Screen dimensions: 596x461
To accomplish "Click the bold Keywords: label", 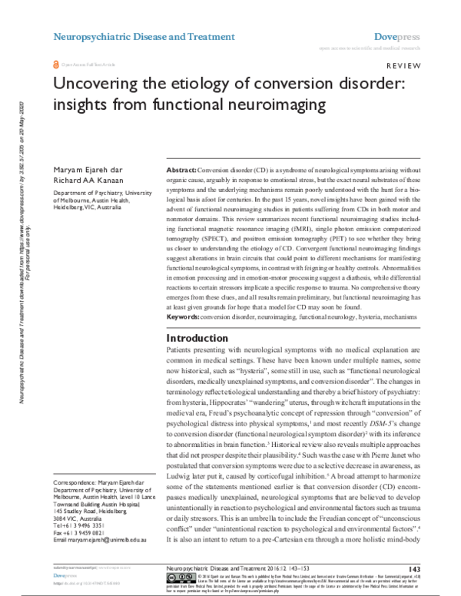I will point(185,316).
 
